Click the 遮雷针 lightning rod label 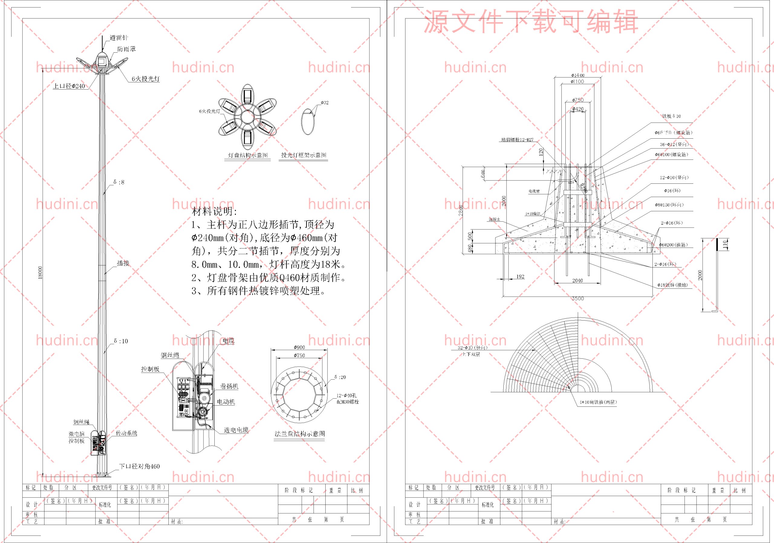119,38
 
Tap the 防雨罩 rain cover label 126,49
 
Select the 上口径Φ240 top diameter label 69,86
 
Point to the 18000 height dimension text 41,272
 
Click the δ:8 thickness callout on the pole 119,182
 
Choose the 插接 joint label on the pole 123,263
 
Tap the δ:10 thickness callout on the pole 121,341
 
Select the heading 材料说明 214,212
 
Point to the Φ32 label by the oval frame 325,103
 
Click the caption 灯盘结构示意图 248,155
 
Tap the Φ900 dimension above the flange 299,347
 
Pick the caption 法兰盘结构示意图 300,434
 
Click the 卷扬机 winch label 229,386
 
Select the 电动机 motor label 226,402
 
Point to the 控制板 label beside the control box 150,369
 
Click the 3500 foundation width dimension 578,299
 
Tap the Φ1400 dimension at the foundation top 578,75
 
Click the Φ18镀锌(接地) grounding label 672,285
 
